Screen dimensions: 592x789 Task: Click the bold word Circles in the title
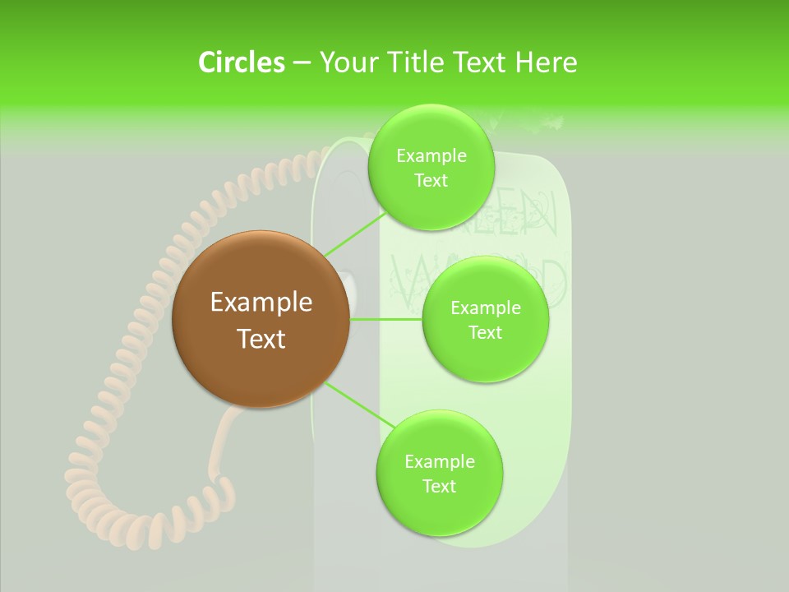coord(241,62)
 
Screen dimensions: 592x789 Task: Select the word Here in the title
coord(546,62)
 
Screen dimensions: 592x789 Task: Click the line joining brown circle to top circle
coord(355,234)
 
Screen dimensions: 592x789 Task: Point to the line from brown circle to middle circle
coord(386,319)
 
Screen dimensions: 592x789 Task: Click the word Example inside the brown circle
coord(261,303)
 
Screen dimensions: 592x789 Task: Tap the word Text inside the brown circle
coord(261,339)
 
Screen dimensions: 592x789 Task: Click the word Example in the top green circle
coord(431,156)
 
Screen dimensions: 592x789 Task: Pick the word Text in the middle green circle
coord(485,332)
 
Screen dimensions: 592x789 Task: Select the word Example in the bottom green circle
coord(440,461)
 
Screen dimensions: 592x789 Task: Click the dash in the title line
coord(302,62)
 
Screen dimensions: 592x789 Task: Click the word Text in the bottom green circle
coord(439,486)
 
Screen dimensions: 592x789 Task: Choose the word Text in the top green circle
coord(431,181)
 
